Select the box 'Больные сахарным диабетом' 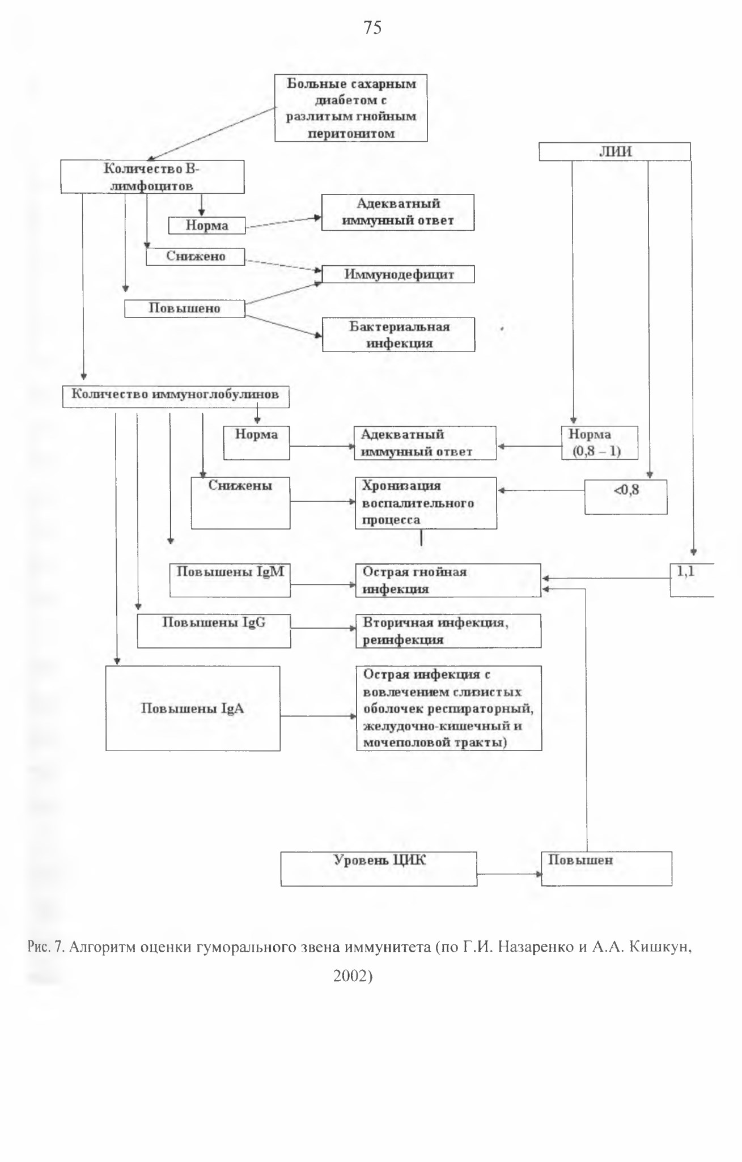(351, 108)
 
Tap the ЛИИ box (614, 151)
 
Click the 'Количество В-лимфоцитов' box (152, 177)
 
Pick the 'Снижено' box (196, 257)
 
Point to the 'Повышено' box (185, 308)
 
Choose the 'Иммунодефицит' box (398, 274)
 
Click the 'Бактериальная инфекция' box (398, 334)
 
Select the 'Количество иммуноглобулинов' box (175, 397)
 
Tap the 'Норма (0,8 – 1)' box (600, 443)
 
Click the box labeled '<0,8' (626, 497)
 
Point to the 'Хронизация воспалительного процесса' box (426, 503)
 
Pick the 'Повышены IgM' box (230, 580)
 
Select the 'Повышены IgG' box (214, 631)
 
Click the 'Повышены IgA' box (193, 709)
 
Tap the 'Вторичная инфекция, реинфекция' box (448, 631)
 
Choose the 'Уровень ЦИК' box (379, 868)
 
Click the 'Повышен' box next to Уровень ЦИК (607, 868)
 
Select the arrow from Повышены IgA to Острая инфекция (319, 716)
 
